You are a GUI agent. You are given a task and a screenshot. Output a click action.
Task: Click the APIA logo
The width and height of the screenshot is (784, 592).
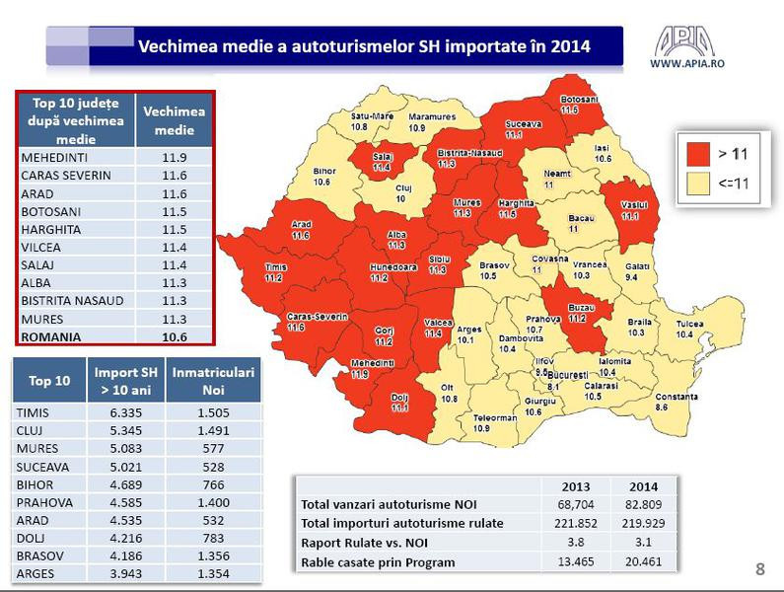686,40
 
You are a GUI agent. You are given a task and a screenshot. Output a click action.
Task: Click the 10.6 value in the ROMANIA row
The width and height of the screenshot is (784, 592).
175,336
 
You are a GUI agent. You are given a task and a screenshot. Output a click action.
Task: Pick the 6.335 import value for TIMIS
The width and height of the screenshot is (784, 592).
126,414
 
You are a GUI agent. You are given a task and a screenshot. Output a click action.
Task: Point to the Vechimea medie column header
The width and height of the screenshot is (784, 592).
175,120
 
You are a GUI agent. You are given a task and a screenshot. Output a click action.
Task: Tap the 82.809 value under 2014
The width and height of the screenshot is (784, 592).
634,504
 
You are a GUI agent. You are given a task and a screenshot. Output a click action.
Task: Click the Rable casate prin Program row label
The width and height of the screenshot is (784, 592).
378,561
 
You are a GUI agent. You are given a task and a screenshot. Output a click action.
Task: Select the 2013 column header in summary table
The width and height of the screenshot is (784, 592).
575,485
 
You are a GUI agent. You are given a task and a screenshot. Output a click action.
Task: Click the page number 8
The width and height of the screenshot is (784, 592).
759,568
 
